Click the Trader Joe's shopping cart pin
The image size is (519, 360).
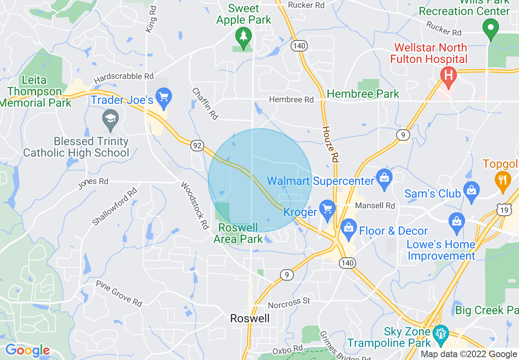click(164, 98)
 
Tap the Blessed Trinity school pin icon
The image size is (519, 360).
click(111, 119)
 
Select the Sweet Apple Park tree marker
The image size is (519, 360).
click(244, 37)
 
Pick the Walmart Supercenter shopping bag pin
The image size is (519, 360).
click(384, 179)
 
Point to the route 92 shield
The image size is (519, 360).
click(196, 144)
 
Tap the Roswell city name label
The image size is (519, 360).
click(250, 318)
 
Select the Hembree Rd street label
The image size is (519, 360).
click(291, 99)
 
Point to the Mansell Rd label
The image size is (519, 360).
click(375, 205)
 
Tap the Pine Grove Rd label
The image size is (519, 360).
click(119, 293)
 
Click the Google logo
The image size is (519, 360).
click(27, 350)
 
